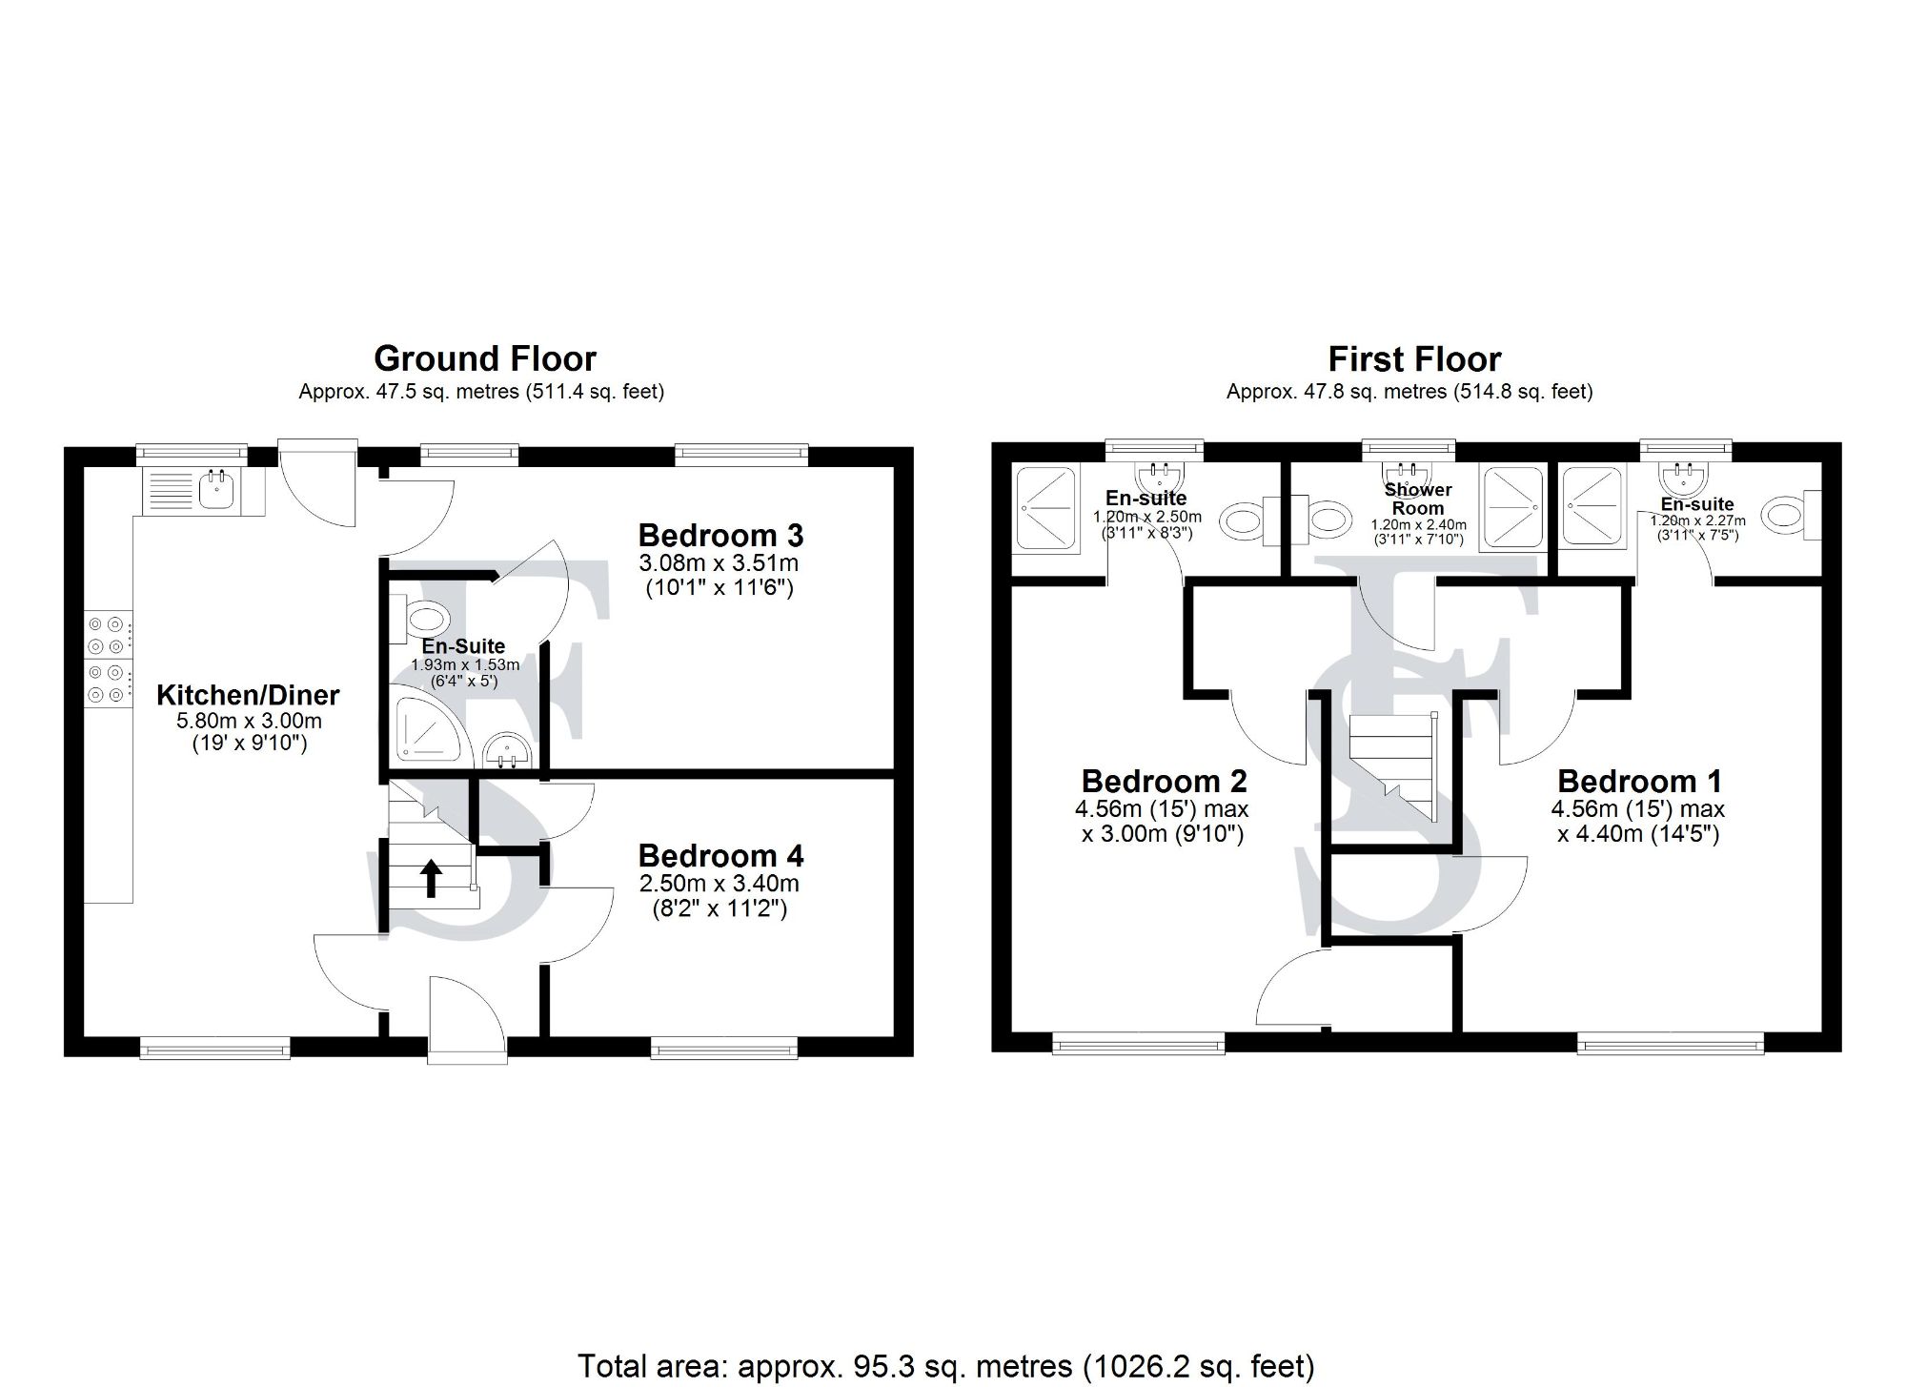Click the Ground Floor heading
tap(485, 359)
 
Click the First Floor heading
tap(1414, 359)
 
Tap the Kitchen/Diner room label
tap(248, 695)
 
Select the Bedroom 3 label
tap(720, 535)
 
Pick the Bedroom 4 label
tap(720, 855)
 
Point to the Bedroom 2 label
tap(1164, 782)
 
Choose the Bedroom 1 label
tap(1639, 782)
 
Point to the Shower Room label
tap(1418, 499)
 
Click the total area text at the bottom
tap(945, 1366)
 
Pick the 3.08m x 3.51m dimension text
tap(719, 563)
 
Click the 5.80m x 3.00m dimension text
tap(249, 722)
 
